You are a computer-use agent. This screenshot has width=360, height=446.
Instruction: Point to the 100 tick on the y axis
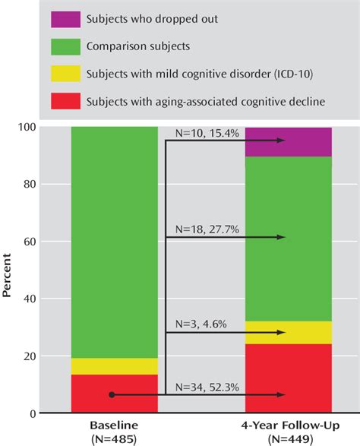(50, 127)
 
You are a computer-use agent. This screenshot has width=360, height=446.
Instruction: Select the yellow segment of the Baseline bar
(114, 366)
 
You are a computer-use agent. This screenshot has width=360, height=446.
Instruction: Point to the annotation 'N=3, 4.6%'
(199, 324)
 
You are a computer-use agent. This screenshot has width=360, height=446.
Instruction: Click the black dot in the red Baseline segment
(112, 395)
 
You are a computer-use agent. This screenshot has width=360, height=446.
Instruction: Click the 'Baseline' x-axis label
(114, 425)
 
